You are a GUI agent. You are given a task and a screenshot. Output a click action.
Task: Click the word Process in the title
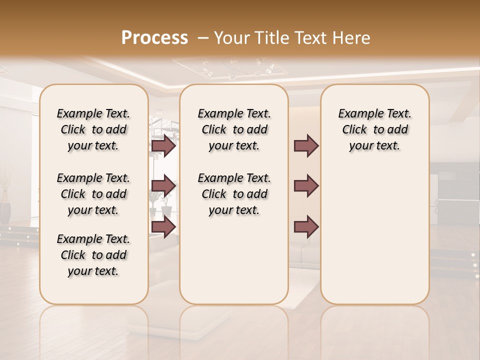pos(154,38)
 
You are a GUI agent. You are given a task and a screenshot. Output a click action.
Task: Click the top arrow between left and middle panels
pos(163,146)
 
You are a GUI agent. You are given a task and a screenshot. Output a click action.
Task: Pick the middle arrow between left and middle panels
pos(163,186)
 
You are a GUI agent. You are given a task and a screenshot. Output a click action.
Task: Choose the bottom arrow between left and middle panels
pos(163,226)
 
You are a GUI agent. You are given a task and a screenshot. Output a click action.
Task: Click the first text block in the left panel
pos(93,129)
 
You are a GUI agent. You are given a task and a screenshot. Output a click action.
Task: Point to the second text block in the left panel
pos(93,194)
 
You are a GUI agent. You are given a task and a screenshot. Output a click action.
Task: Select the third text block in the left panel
pos(93,255)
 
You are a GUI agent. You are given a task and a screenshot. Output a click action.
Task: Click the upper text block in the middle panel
pos(234,129)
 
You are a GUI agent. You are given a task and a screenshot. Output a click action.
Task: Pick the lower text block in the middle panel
pos(234,194)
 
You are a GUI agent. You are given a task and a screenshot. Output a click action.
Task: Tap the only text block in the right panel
pos(375,129)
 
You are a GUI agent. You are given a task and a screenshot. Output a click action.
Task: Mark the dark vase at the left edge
pos(5,206)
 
